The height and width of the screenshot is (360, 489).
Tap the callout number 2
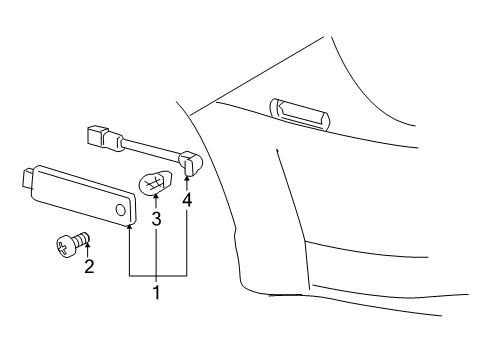tap(88, 266)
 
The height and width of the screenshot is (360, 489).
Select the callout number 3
tap(156, 217)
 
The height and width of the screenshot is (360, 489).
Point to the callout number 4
tap(186, 200)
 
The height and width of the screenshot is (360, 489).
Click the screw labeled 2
tap(70, 242)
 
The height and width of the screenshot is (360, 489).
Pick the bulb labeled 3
tap(154, 184)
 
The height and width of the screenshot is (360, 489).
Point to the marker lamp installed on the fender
tap(297, 114)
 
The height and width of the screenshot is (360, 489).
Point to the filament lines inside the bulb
tap(153, 183)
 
